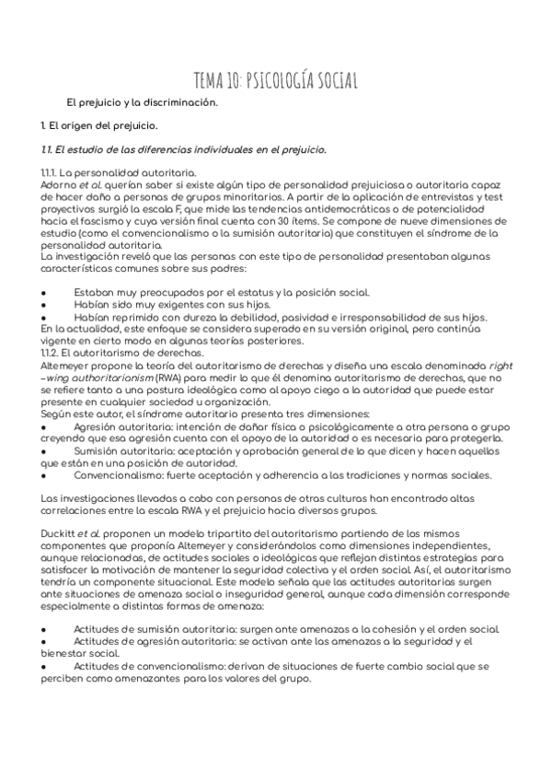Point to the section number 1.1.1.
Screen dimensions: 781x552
coord(52,173)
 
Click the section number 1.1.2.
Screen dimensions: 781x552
coord(52,352)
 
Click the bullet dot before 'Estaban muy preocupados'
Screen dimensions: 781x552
coord(44,292)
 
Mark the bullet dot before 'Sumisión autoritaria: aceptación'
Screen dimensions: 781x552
coord(44,452)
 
